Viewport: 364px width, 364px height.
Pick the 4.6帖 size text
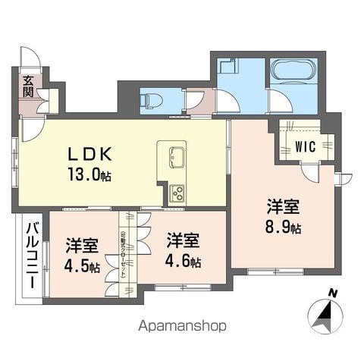click(184, 262)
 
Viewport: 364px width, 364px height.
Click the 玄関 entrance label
click(27, 87)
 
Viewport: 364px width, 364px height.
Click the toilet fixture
click(151, 100)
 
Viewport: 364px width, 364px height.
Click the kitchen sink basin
click(174, 157)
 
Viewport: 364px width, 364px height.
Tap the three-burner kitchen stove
click(176, 193)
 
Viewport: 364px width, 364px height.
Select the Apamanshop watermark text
click(181, 328)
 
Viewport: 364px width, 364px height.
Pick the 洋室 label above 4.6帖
click(184, 241)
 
